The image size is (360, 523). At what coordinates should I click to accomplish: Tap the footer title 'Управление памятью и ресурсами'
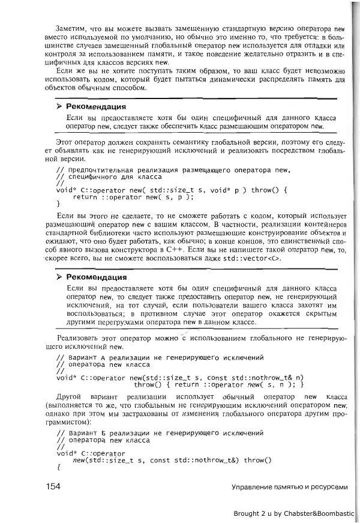[x=289, y=487]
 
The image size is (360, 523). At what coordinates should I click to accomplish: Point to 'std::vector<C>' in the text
[x=256, y=259]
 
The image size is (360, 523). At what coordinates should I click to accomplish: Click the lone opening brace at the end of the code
[x=58, y=467]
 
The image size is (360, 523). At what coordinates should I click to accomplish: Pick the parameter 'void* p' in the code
[x=223, y=190]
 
